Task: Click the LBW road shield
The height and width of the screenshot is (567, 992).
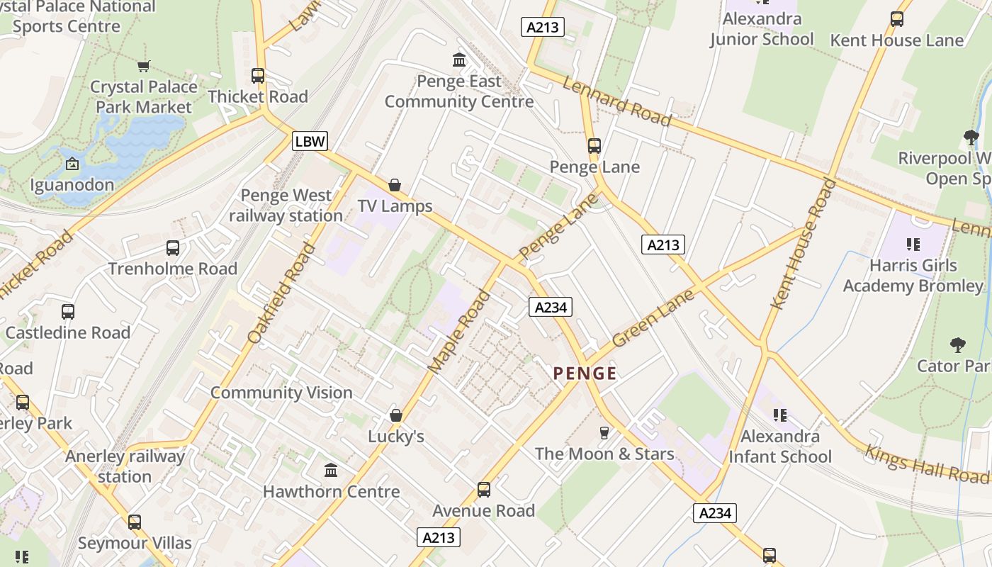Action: point(310,141)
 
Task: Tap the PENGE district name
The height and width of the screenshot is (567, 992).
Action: point(585,374)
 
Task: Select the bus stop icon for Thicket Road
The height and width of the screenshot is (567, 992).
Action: point(258,76)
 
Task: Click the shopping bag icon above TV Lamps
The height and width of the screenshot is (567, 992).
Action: point(395,185)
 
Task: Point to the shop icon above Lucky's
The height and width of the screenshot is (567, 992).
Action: point(396,415)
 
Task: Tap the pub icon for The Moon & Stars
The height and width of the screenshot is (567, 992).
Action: point(604,432)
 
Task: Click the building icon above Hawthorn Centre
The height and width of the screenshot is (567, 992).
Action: point(331,470)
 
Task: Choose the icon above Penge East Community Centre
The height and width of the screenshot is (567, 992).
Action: point(459,60)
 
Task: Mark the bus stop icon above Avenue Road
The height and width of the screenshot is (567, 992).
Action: point(484,489)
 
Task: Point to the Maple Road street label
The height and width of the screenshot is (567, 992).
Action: point(459,331)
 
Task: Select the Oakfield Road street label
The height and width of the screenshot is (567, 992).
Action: point(282,293)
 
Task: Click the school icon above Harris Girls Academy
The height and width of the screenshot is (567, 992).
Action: point(913,245)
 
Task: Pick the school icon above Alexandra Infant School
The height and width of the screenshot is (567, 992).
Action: point(780,415)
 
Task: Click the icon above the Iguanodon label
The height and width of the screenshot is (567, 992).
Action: point(72,164)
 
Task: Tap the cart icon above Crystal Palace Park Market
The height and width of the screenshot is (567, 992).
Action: point(144,66)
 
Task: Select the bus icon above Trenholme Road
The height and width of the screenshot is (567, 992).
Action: point(173,247)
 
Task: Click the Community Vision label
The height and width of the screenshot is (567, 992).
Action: point(281,393)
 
